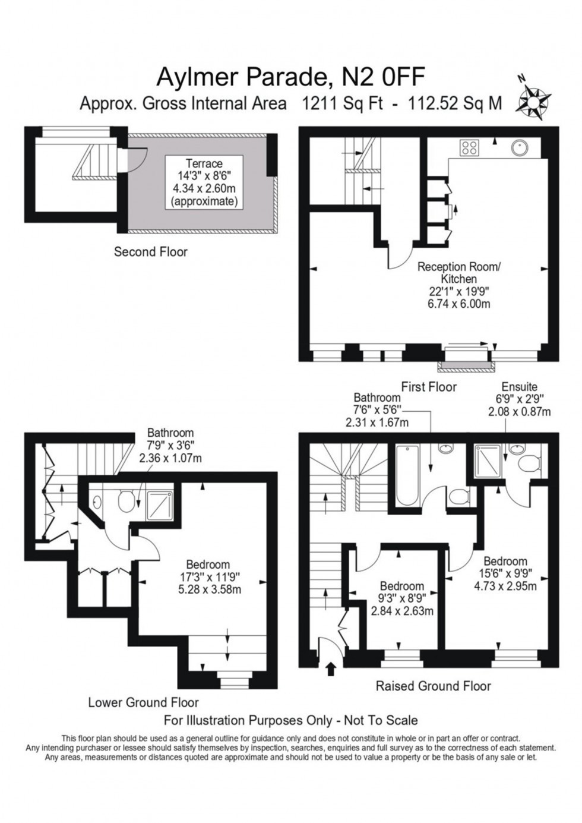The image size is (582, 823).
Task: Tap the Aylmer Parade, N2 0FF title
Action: (x=290, y=77)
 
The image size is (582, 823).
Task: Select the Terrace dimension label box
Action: (x=204, y=182)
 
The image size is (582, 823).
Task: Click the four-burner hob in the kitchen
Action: (x=469, y=147)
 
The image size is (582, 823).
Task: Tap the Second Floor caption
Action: (x=150, y=252)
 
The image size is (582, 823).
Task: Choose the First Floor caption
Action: (x=428, y=387)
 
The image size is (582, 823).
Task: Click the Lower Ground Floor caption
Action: (x=143, y=702)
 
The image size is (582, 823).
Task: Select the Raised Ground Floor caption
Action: (x=434, y=686)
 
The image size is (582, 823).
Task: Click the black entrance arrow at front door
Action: (x=331, y=670)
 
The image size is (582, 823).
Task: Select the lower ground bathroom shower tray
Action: (x=158, y=503)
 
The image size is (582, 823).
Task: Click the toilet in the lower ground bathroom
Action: (x=126, y=501)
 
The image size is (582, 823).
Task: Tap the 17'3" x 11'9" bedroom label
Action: (x=207, y=577)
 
